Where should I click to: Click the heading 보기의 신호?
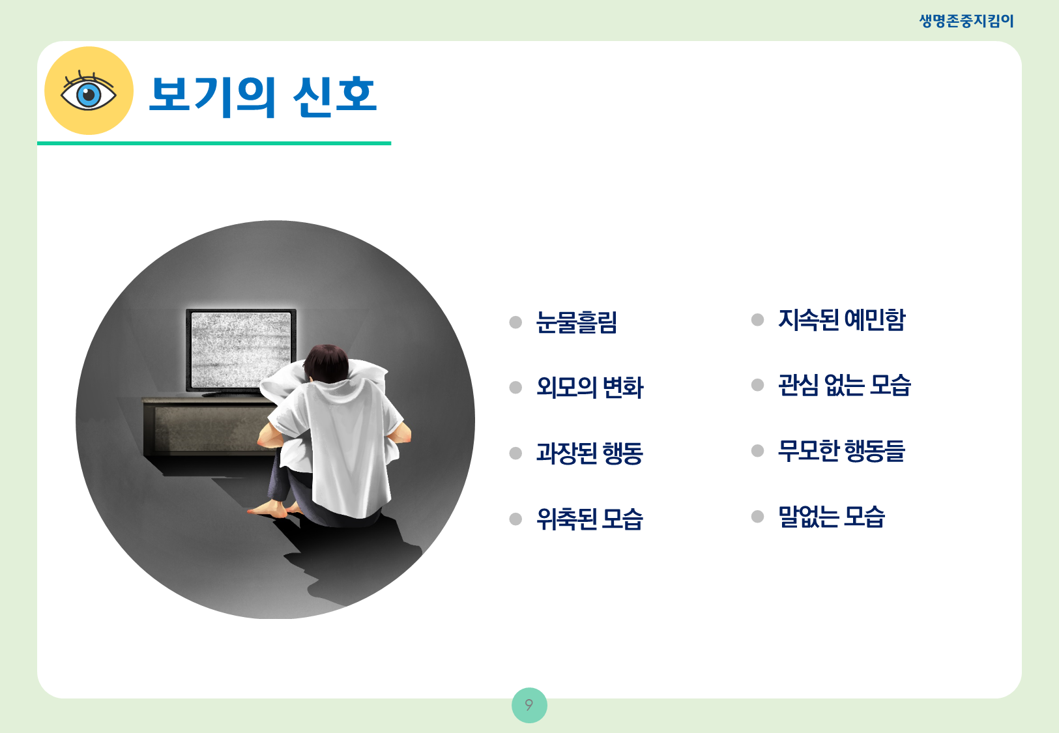[x=263, y=96]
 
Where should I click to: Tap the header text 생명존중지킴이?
[x=966, y=21]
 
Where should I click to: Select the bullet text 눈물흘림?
[x=577, y=323]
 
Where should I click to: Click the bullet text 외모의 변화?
[x=590, y=388]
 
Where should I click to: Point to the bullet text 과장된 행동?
[x=590, y=453]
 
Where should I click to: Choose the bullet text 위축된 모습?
[x=590, y=519]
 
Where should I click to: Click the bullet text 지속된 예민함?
[x=841, y=320]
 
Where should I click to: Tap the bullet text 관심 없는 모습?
[x=845, y=384]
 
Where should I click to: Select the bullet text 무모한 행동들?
[x=841, y=450]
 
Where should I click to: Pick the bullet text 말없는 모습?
[x=832, y=516]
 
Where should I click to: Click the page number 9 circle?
[x=529, y=705]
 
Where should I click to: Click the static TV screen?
[x=240, y=350]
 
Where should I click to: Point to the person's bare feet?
[x=274, y=510]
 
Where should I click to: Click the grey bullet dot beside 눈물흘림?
[x=515, y=323]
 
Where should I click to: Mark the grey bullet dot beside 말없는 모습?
[x=757, y=516]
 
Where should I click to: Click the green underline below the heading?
[x=214, y=143]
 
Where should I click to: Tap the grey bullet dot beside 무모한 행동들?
[x=757, y=450]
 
